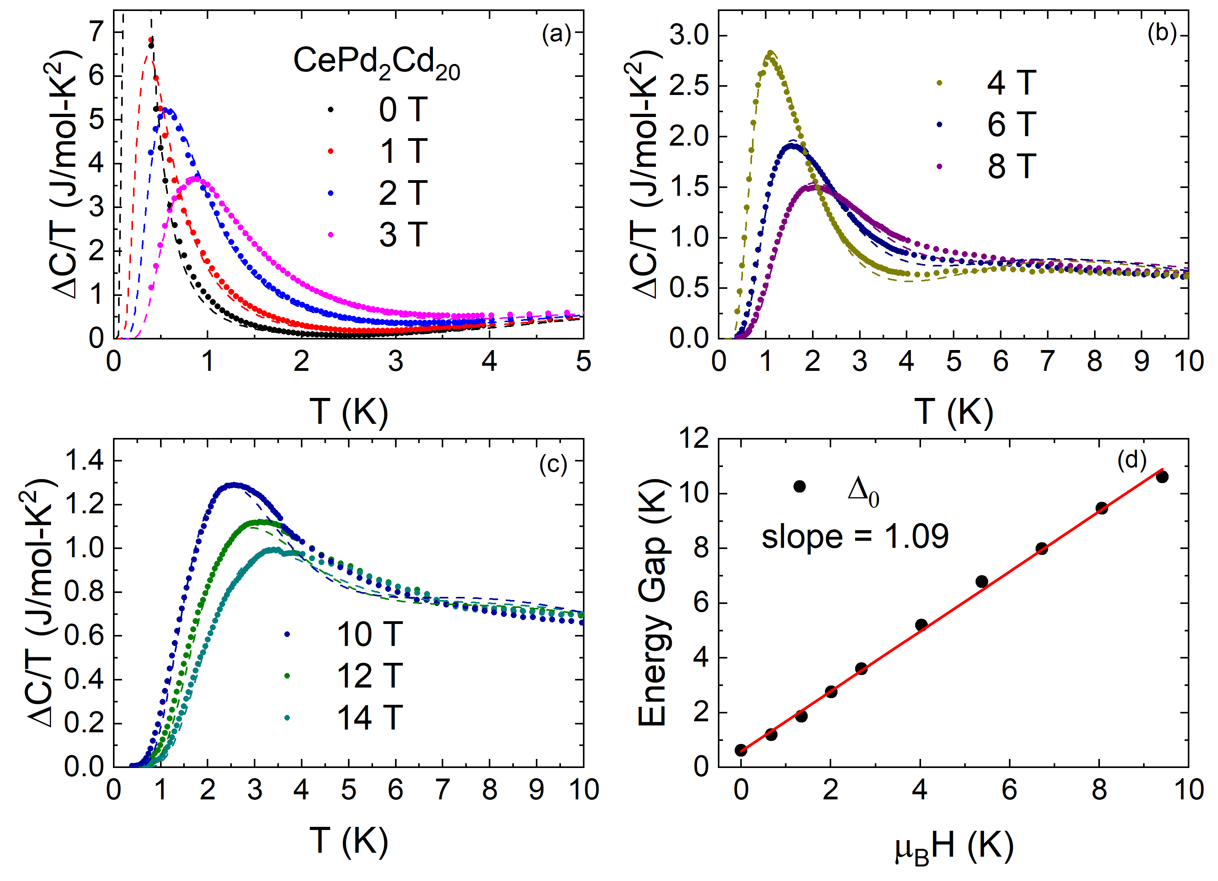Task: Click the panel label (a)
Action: [556, 35]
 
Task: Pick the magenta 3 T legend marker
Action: [331, 234]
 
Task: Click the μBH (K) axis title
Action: [954, 848]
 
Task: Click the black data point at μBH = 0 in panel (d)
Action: [741, 750]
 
